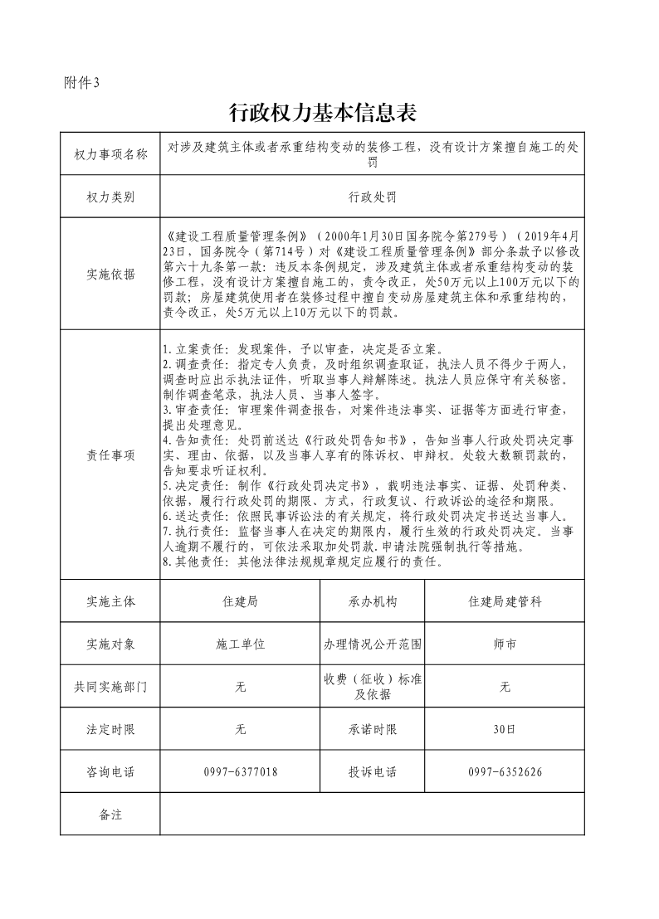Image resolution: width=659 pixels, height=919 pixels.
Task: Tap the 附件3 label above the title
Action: [x=81, y=82]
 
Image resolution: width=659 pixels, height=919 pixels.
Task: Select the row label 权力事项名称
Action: [x=110, y=154]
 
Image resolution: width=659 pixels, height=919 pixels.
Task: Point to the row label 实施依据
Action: [x=110, y=275]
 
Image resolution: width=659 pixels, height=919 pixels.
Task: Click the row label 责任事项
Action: [x=110, y=455]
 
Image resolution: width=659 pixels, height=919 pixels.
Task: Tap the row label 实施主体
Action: [x=110, y=601]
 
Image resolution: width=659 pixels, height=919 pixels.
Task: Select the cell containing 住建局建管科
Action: [x=505, y=601]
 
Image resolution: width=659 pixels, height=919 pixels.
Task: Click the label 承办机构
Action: [x=372, y=601]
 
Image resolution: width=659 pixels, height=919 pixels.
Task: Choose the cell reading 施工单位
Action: [x=240, y=644]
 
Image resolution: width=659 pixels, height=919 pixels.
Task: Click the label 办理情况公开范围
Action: [x=372, y=644]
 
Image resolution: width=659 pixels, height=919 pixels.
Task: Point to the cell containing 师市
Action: [x=505, y=644]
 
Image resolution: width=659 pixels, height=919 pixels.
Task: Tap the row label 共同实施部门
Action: [x=110, y=687]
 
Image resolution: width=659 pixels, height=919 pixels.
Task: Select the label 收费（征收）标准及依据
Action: [x=372, y=687]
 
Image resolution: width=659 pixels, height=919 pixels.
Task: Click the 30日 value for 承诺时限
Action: [x=505, y=730]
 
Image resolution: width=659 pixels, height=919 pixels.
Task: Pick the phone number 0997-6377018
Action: [x=240, y=772]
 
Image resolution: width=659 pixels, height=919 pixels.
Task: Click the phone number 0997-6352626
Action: [x=505, y=772]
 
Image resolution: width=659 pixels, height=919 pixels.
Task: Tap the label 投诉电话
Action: [x=372, y=772]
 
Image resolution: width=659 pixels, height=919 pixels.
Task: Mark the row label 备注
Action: [x=110, y=814]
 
